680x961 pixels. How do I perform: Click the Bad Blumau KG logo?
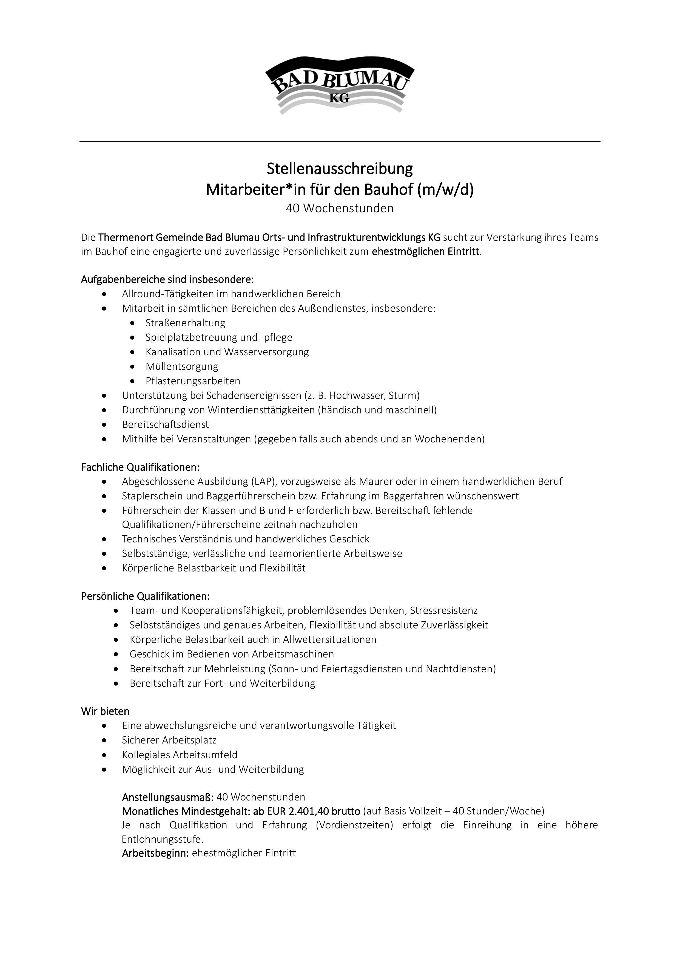click(x=340, y=85)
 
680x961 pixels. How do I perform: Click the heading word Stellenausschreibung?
click(x=340, y=169)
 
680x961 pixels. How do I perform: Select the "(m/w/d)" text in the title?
click(x=445, y=190)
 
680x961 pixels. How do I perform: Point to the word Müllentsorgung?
click(x=182, y=367)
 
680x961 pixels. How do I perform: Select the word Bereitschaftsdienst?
click(x=165, y=424)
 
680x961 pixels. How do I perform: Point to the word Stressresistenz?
click(x=443, y=611)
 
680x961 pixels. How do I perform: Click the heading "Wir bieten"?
click(x=105, y=711)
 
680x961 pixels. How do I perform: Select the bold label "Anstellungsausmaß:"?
click(x=168, y=797)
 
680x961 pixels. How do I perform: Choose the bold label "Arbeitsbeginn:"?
click(x=155, y=853)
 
